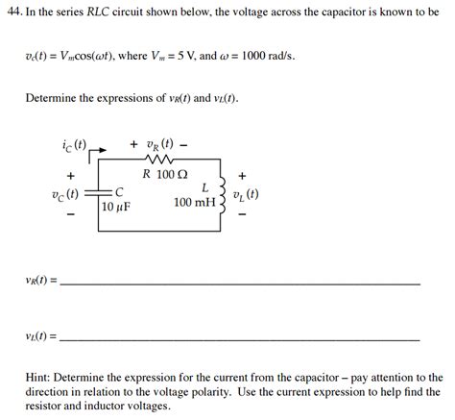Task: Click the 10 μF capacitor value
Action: [115, 208]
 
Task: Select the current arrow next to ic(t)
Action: [95, 151]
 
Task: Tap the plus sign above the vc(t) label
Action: [71, 176]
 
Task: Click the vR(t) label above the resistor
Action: [158, 145]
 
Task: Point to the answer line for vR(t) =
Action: [240, 284]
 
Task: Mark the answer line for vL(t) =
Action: [240, 339]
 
